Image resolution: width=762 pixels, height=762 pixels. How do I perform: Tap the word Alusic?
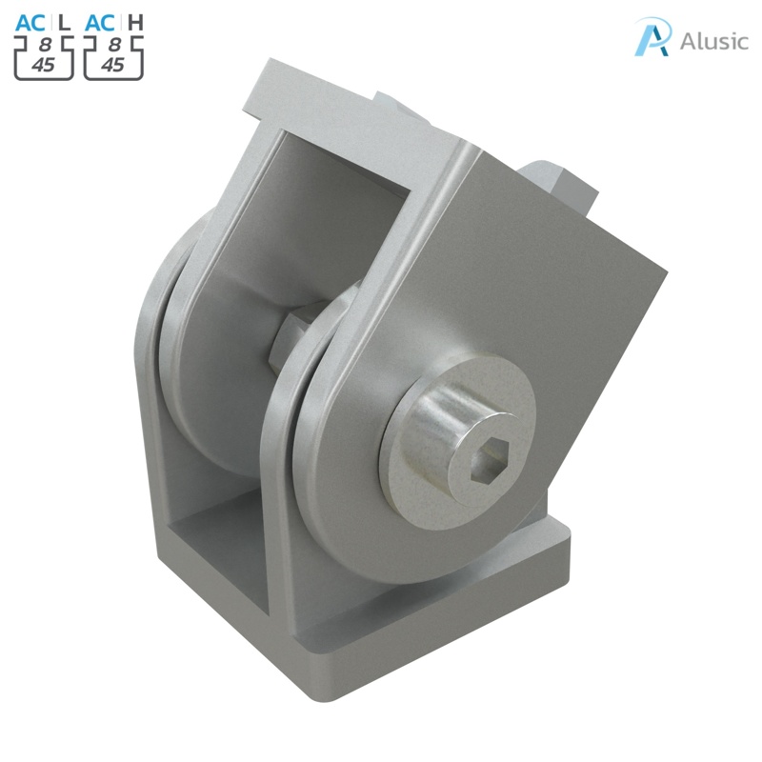click(714, 41)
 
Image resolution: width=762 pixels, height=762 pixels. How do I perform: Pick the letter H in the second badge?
click(135, 22)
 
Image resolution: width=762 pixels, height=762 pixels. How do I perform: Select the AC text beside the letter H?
click(101, 22)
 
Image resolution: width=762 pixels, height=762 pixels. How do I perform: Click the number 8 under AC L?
click(45, 44)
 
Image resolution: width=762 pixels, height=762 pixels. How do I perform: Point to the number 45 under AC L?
click(44, 64)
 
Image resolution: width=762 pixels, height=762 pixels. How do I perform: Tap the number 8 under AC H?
click(113, 44)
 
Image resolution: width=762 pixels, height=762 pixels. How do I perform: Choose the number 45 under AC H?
click(112, 64)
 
